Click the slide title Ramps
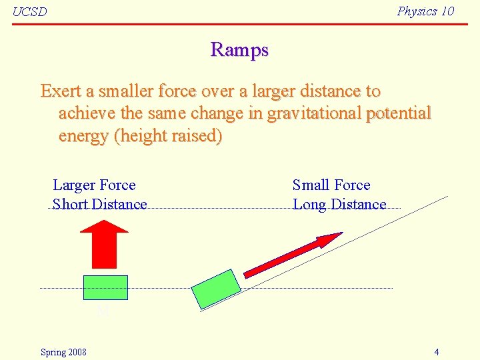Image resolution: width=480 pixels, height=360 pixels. [x=239, y=50]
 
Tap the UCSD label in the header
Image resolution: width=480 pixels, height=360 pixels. [x=30, y=12]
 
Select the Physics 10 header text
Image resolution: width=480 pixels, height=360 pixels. [x=425, y=11]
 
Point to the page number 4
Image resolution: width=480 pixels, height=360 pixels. [x=436, y=352]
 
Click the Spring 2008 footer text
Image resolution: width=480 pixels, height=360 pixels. [x=63, y=352]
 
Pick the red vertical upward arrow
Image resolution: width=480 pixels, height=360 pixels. [x=103, y=244]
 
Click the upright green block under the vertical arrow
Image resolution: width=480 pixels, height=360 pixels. [x=105, y=287]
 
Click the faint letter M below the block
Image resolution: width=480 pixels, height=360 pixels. [x=103, y=312]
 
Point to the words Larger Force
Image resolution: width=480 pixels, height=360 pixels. [x=94, y=185]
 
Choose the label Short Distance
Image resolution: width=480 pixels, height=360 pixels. [x=99, y=205]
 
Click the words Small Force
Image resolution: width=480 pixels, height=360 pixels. [x=331, y=185]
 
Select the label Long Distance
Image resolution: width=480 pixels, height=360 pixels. [x=339, y=205]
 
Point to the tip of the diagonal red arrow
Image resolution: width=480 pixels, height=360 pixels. [x=341, y=233]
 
